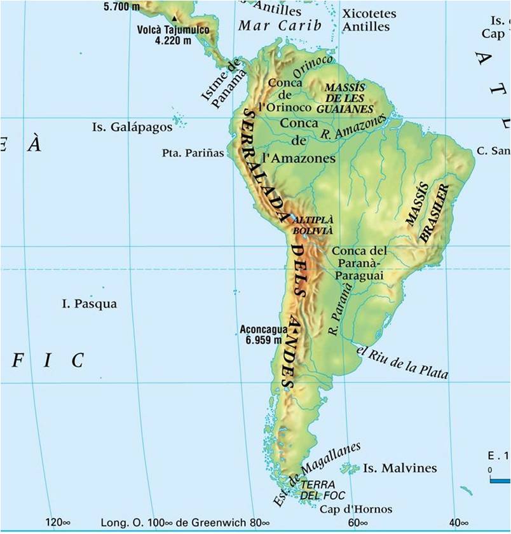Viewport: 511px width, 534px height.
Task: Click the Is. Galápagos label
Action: [132, 127]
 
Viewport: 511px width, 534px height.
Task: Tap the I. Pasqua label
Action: [90, 304]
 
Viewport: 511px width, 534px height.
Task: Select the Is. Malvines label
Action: [400, 469]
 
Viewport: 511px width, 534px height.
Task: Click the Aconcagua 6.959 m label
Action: [261, 335]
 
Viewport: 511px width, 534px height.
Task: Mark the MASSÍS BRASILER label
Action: [428, 214]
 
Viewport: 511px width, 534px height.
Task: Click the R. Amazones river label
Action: [353, 127]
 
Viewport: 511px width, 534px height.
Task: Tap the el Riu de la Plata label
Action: [402, 362]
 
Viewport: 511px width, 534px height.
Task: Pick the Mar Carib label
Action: [280, 26]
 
